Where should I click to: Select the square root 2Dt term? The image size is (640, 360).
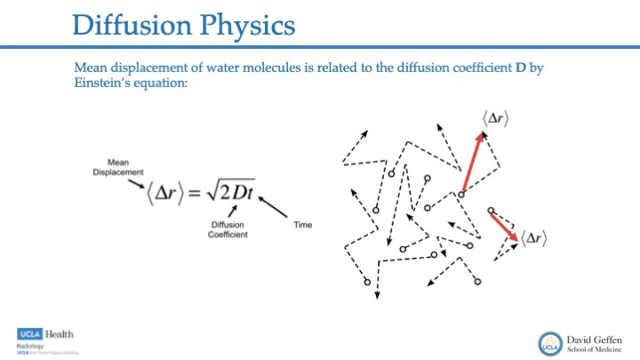click(234, 193)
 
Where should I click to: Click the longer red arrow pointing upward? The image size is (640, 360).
click(472, 162)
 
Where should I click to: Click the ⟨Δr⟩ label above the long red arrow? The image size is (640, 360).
click(496, 121)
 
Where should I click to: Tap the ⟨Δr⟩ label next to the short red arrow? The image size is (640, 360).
click(533, 237)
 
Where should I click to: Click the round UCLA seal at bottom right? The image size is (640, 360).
click(548, 342)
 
